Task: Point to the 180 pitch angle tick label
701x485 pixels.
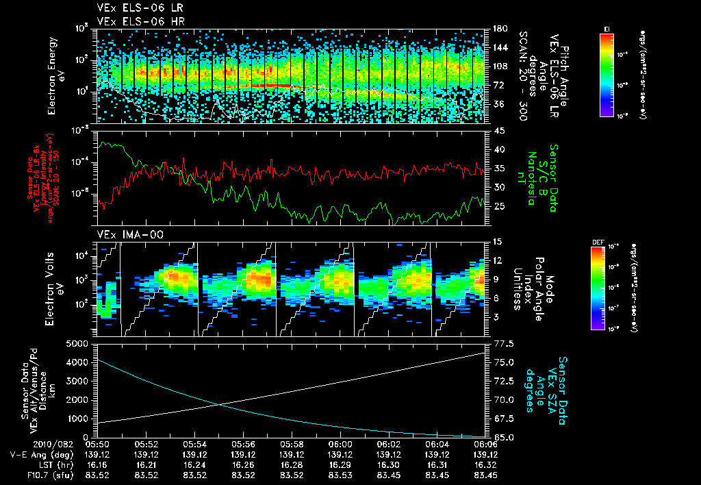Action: click(x=498, y=29)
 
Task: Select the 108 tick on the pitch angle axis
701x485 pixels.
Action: click(x=498, y=66)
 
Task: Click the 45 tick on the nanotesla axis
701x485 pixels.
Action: click(x=498, y=130)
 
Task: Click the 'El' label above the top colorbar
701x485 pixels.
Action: click(x=607, y=28)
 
